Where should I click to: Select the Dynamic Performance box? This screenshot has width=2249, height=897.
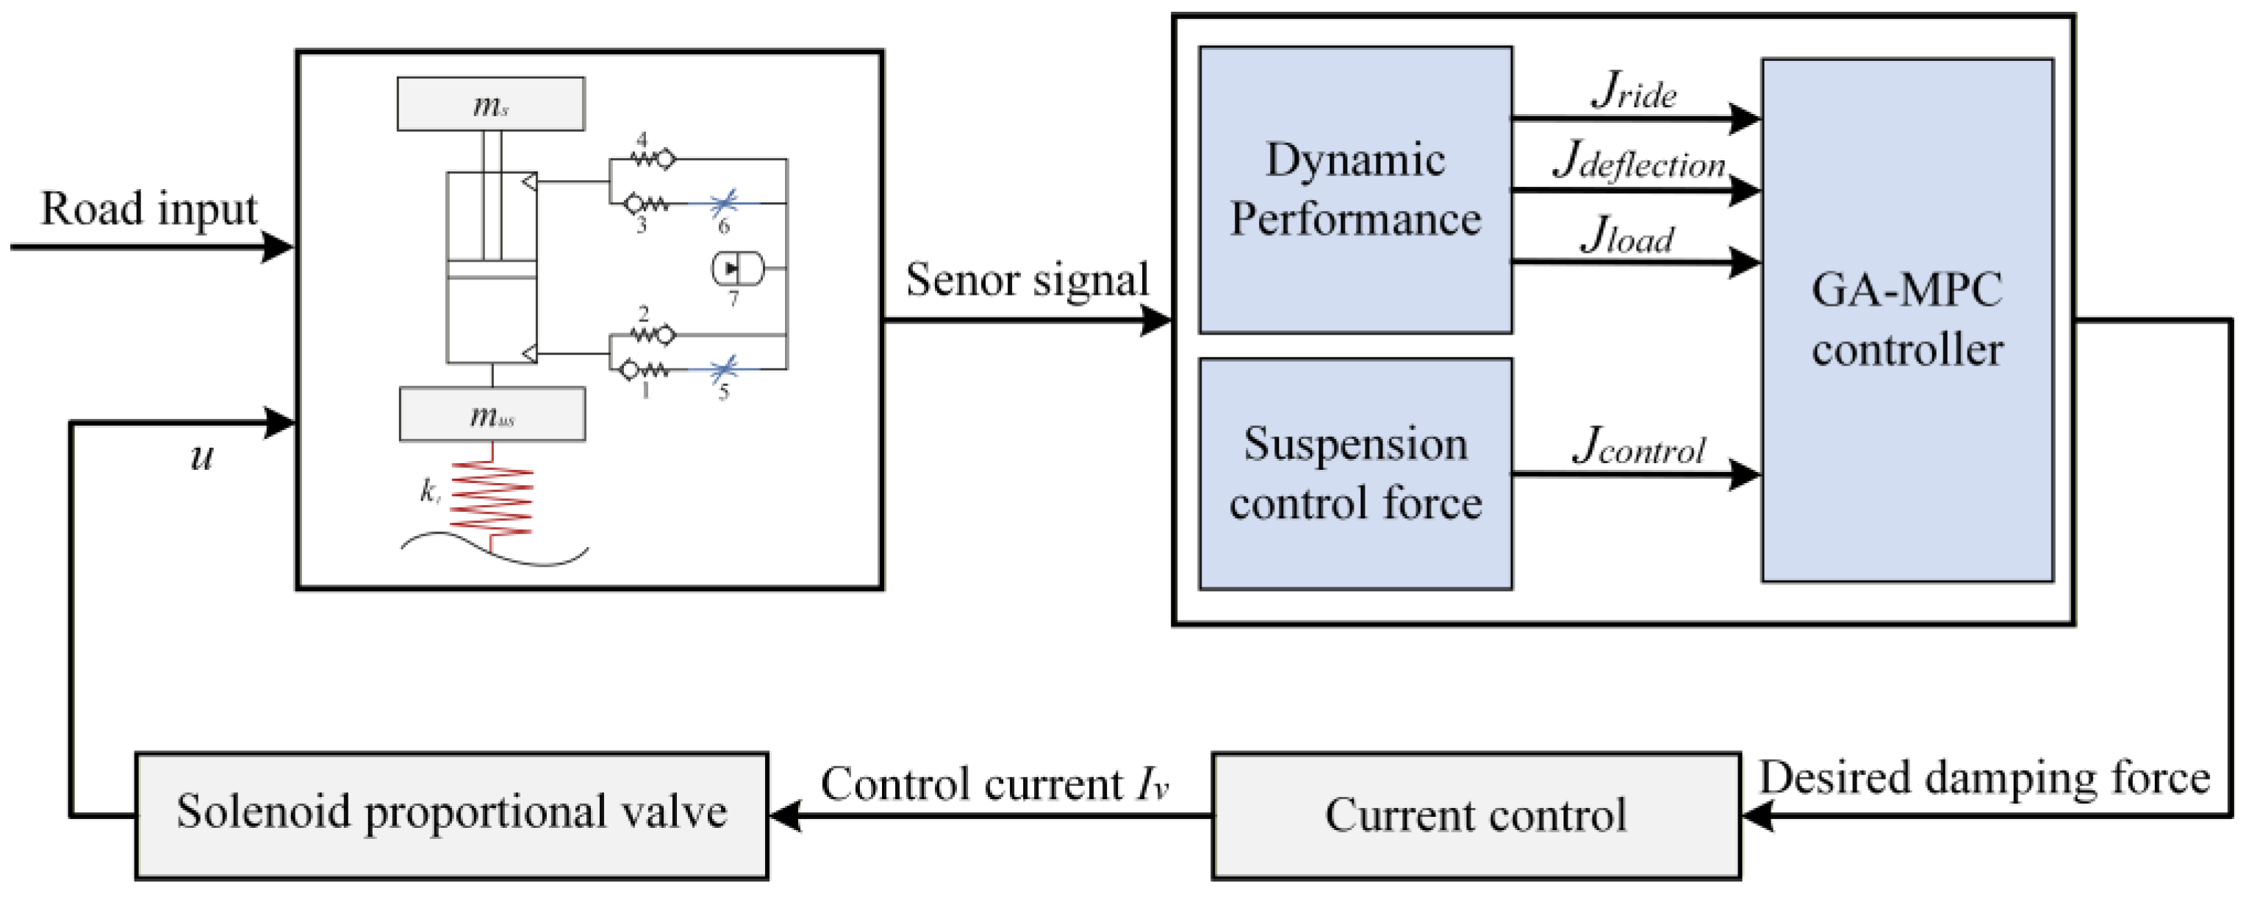(1355, 190)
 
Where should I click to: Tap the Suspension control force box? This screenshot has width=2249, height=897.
(1355, 473)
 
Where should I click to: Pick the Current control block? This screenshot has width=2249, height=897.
(1476, 815)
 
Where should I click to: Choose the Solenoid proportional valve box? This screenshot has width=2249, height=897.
(451, 815)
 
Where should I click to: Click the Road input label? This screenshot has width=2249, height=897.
(149, 210)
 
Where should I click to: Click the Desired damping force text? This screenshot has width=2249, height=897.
(1984, 777)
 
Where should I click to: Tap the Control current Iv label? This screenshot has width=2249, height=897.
(994, 784)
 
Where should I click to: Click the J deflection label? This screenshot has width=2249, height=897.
(1639, 162)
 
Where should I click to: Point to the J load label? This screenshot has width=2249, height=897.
(1627, 235)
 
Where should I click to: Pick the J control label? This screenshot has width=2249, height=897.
(1639, 446)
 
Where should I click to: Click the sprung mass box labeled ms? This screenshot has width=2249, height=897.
(491, 104)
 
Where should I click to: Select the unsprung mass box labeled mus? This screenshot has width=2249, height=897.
(492, 414)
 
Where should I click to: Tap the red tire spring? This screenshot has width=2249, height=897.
(492, 498)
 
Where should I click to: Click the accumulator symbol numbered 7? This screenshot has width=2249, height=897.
(738, 268)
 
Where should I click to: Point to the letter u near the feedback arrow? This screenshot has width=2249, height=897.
(201, 457)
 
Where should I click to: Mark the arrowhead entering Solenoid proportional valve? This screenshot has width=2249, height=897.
(786, 816)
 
